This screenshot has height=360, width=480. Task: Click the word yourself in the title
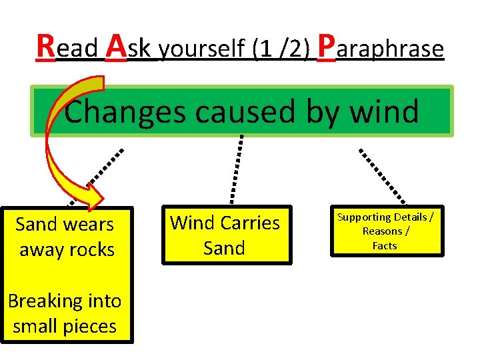coord(203,49)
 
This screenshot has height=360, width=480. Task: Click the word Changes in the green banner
coord(124,111)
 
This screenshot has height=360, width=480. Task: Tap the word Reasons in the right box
coord(382,231)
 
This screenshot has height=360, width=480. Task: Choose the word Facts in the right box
coord(385,245)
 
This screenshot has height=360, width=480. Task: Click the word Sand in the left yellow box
coord(35,225)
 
